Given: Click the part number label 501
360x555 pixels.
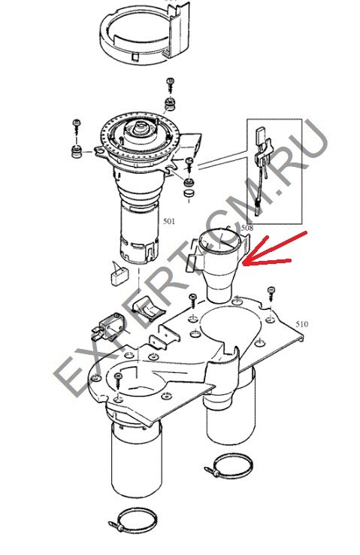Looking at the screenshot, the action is pos(168,222).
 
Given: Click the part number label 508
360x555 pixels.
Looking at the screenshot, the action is pos(247,228).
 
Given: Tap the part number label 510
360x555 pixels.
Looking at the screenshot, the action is pos(301,324).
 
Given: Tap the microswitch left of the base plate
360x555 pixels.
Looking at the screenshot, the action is pos(106,329).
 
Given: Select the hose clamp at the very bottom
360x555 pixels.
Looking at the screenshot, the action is pos(133,521).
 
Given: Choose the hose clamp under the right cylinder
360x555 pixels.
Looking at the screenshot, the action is pos(229,466).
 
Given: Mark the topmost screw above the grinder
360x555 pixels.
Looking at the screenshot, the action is pos(171,84).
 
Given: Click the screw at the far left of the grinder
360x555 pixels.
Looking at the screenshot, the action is pos(77,127).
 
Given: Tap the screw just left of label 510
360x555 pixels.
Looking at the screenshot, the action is pos(271,293).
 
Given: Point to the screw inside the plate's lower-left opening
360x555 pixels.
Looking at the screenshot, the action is pos(118,381).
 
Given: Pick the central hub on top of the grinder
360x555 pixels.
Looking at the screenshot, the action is pos(141,128).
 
